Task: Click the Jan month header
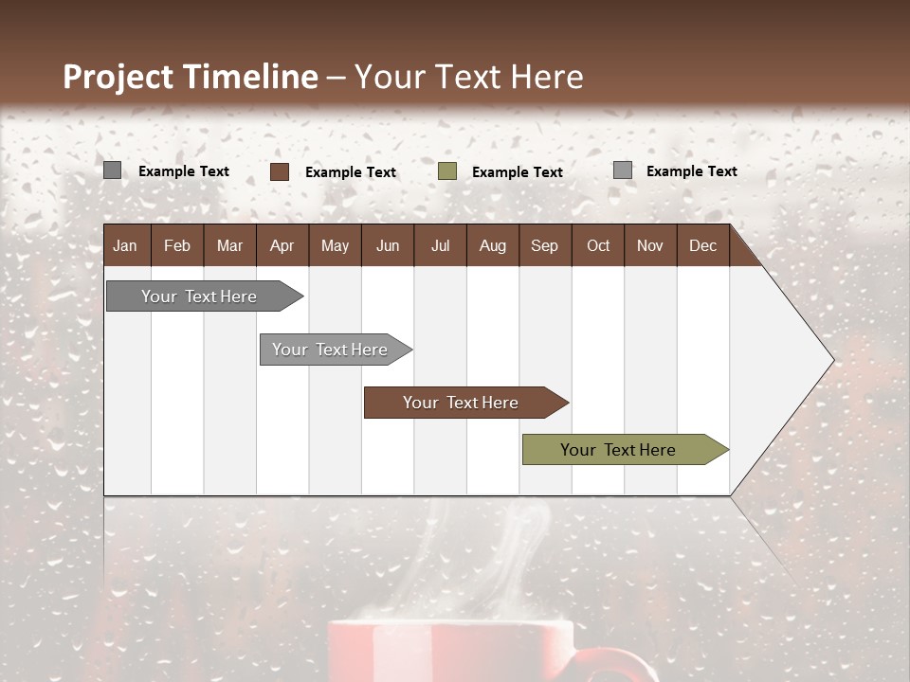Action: coord(125,246)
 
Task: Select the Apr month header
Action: coord(282,246)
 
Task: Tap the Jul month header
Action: coord(440,246)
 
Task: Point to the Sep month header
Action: coord(544,246)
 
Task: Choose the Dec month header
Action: coord(702,246)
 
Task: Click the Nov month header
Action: coord(649,246)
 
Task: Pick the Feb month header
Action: coord(177,246)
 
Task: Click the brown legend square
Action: coord(280,171)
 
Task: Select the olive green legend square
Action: coord(447,171)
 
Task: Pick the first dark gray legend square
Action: coord(113,170)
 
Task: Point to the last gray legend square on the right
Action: coord(623,170)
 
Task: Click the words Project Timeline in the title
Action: coord(190,77)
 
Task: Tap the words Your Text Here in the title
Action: coord(468,77)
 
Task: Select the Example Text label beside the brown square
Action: coord(351,172)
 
